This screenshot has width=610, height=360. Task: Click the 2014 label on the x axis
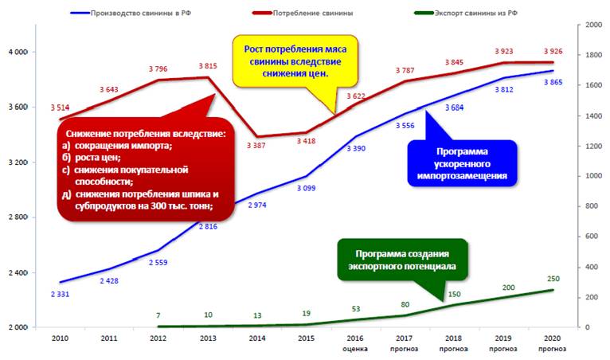257,338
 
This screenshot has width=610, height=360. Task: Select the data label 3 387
256,146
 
